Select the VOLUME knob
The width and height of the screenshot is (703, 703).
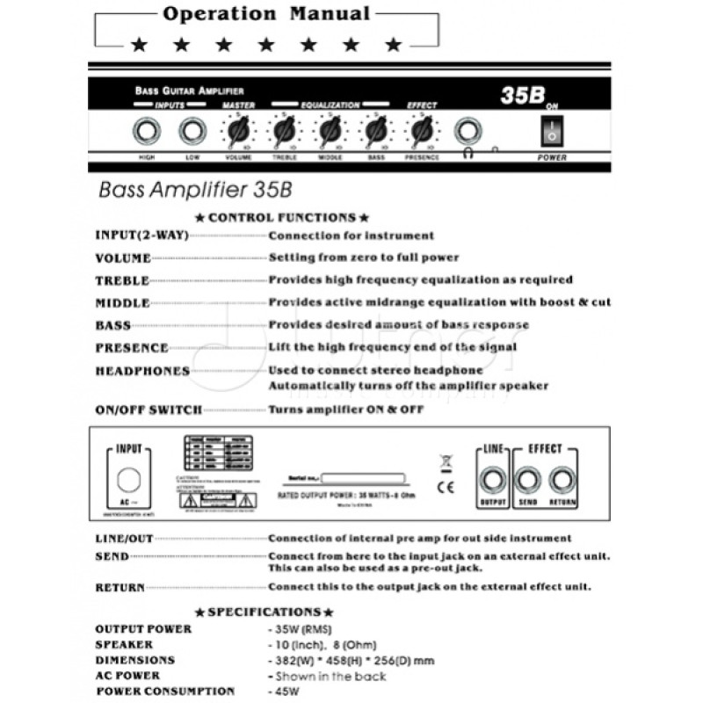tap(236, 133)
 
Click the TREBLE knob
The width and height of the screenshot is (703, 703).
tap(284, 133)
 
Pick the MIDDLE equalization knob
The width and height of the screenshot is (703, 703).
tap(330, 133)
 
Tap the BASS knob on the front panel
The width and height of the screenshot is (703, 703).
tap(376, 133)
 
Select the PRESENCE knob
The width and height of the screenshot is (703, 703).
tap(423, 133)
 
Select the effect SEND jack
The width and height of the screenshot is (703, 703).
tap(527, 480)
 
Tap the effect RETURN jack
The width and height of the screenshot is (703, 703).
tap(562, 480)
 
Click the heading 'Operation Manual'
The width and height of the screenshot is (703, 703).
tap(267, 14)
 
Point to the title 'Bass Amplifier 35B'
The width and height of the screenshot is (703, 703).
tap(194, 190)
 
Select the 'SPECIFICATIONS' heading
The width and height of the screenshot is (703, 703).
tap(264, 611)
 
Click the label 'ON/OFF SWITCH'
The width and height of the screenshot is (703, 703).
tap(149, 409)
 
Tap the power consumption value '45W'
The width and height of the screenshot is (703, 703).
tap(286, 691)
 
